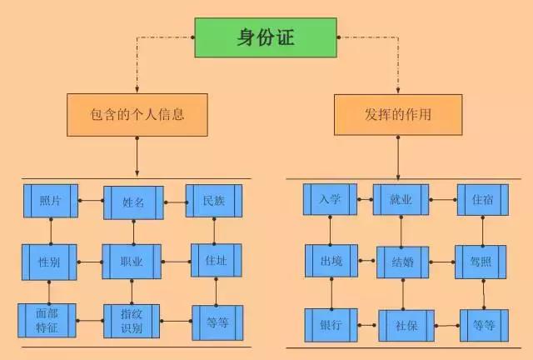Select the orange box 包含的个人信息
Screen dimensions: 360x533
pyautogui.click(x=137, y=115)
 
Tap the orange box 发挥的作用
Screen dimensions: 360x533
pyautogui.click(x=397, y=115)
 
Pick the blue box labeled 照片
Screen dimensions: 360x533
pyautogui.click(x=50, y=201)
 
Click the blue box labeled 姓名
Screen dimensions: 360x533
pyautogui.click(x=133, y=202)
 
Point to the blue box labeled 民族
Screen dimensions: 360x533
pyautogui.click(x=213, y=201)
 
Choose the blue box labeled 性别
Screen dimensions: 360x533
pyautogui.click(x=49, y=262)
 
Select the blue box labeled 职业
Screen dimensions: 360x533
pyautogui.click(x=132, y=262)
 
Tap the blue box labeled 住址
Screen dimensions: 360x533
pyautogui.click(x=216, y=261)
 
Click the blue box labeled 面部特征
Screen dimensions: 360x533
pyautogui.click(x=47, y=321)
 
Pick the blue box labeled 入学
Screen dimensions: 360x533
pyautogui.click(x=329, y=200)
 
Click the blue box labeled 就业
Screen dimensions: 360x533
pyautogui.click(x=401, y=201)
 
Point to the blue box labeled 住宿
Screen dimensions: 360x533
pyautogui.click(x=482, y=201)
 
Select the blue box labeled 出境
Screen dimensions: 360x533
pyautogui.click(x=330, y=261)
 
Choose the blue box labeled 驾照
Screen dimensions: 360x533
pyautogui.click(x=481, y=261)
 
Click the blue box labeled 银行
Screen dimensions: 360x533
pyautogui.click(x=331, y=324)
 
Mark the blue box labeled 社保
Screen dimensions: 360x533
pyautogui.click(x=406, y=325)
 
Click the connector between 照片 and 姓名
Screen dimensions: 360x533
pyautogui.click(x=91, y=201)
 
